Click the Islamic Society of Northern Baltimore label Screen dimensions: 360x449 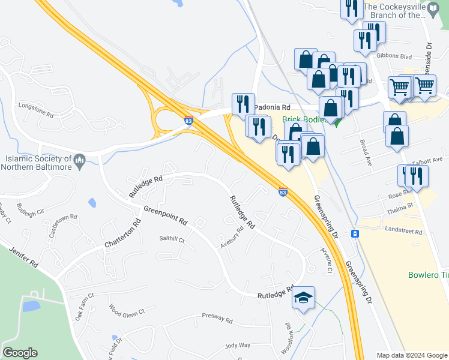37,163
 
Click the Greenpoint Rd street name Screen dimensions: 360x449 165,215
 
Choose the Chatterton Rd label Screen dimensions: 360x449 122,235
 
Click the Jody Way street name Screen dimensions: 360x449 237,345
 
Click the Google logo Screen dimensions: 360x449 20,353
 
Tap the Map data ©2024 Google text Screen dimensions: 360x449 411,355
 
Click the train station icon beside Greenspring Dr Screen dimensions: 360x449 355,233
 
